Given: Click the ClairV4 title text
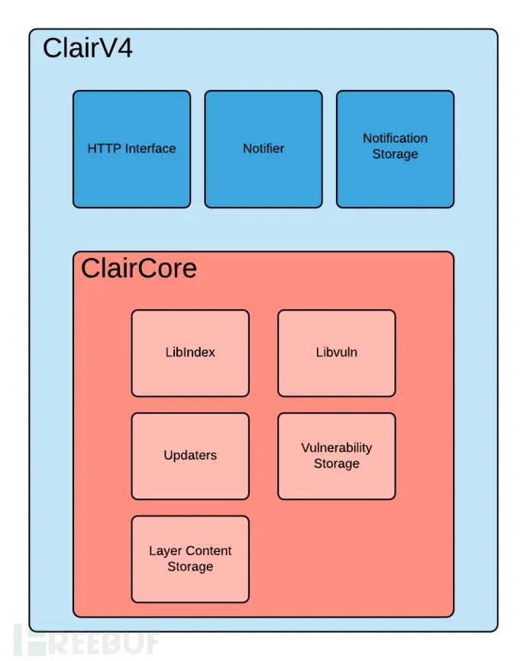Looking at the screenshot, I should pos(88,48).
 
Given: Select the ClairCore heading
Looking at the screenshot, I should pos(139,268).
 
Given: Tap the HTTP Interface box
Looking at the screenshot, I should pos(131,149).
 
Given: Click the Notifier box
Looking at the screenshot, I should pos(263,149).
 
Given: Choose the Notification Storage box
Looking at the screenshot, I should pos(395,149).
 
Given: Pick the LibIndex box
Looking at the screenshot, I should pos(190,353).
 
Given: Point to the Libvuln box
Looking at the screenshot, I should pos(336,353).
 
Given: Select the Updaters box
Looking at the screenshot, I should pos(190,456).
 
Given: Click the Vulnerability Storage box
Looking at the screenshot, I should pos(336,456).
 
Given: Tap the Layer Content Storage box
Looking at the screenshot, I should pos(190,559).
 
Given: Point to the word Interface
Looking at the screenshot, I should pos(149,149).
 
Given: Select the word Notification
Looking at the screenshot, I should pos(395,138).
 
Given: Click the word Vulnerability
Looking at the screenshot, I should pos(336,448).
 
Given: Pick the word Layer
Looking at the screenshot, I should pos(165,551).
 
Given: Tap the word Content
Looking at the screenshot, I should pos(208,551).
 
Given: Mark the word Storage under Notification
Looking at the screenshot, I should pos(395,154).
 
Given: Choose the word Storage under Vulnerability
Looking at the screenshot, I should pos(336,464).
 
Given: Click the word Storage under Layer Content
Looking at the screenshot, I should pos(190,567).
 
